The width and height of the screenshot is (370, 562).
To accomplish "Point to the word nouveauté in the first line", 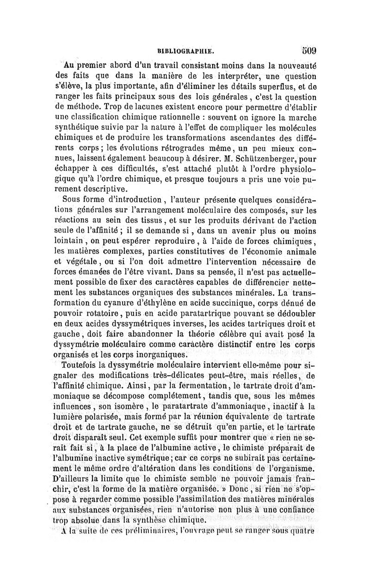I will pyautogui.click(x=292, y=65).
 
